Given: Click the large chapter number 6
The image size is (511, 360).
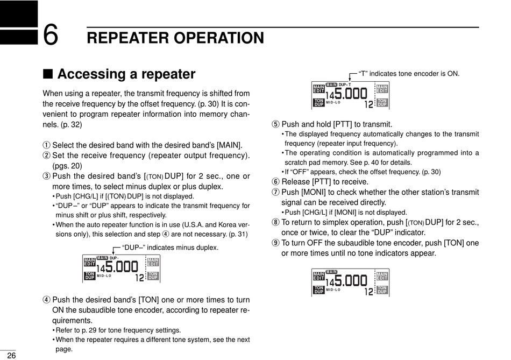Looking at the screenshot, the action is [x=50, y=37].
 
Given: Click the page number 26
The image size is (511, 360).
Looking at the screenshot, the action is [x=11, y=355].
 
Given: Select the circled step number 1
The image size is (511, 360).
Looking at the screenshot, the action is [x=46, y=145].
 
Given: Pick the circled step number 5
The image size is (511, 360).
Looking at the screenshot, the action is [x=276, y=124].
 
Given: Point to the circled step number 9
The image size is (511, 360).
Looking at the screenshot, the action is [x=276, y=243].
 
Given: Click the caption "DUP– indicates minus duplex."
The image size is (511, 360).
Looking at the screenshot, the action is [x=170, y=248].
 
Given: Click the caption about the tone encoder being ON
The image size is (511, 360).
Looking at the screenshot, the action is [x=409, y=73].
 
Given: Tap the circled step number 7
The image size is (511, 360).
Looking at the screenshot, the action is [x=276, y=192].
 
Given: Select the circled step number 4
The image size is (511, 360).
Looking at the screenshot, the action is [x=46, y=300].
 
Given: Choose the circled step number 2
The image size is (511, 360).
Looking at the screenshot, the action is [x=46, y=156].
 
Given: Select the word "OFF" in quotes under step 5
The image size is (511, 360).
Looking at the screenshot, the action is [x=298, y=172].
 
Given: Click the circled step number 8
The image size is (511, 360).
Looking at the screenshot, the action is [x=276, y=222].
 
